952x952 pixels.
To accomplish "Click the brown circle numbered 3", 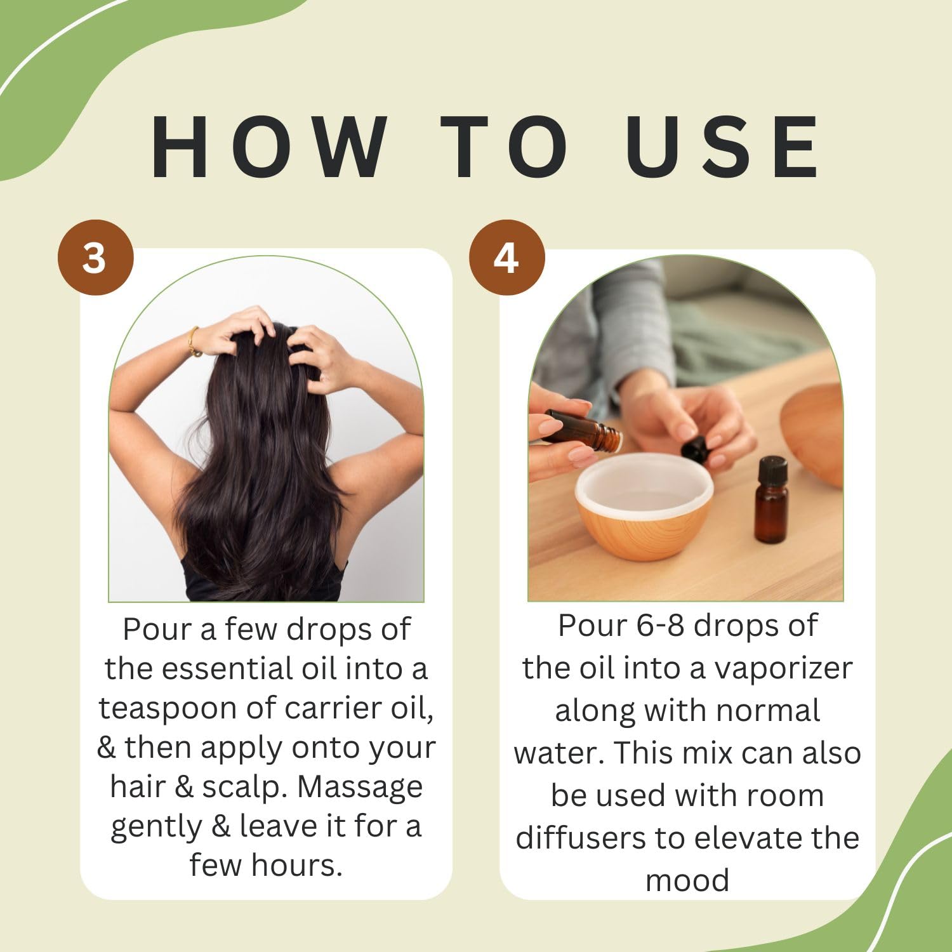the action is click(96, 258).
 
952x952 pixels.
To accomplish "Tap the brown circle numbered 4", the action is click(506, 258).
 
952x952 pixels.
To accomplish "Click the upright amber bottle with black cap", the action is click(771, 500).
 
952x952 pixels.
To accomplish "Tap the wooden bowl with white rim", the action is click(644, 506).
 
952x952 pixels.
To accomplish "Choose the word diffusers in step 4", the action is click(581, 838).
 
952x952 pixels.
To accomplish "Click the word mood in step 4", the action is click(687, 881).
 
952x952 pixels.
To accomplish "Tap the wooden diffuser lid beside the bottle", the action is click(812, 435).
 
